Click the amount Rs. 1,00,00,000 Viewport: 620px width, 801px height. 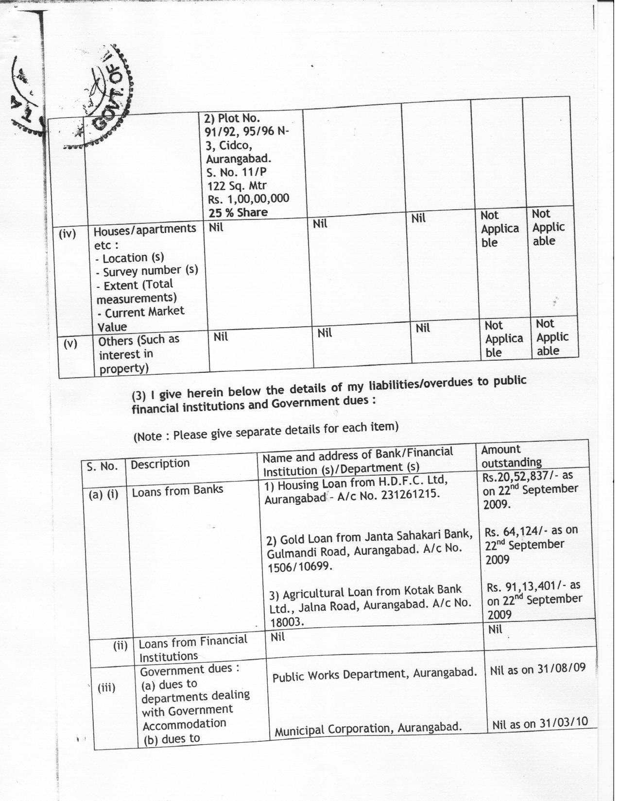pos(248,199)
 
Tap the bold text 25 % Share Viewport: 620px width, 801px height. pos(238,212)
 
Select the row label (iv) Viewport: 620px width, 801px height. pos(68,234)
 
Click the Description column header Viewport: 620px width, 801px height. pos(160,464)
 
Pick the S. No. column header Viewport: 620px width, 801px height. pos(102,467)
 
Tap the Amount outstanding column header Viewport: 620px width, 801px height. pos(511,456)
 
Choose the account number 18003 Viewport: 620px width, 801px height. pos(287,622)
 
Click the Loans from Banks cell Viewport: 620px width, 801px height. pos(177,490)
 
